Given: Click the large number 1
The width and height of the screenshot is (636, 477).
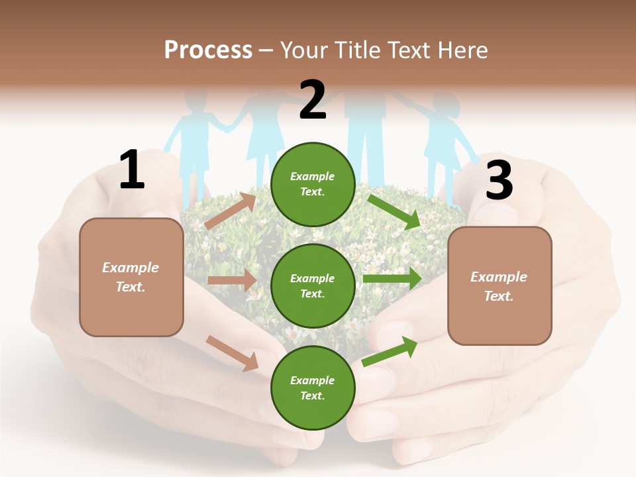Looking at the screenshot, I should [x=132, y=170].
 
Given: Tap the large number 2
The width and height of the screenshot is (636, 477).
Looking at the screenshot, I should [x=313, y=100].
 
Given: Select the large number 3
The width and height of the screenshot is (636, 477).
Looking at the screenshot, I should [x=499, y=180].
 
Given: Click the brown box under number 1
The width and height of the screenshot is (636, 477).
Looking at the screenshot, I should [x=131, y=277].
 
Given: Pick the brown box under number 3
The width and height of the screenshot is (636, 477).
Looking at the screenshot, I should [x=500, y=286].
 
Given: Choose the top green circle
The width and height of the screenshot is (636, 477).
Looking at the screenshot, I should [x=313, y=184].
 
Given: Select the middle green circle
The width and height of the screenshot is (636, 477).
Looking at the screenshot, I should [x=313, y=286].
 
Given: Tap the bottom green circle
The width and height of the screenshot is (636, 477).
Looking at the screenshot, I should [x=313, y=388].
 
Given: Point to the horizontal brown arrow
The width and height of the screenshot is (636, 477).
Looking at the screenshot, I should [x=232, y=280].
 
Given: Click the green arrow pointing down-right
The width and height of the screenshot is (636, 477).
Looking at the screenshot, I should [x=394, y=211].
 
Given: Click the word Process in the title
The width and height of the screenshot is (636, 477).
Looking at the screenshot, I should [x=208, y=50].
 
